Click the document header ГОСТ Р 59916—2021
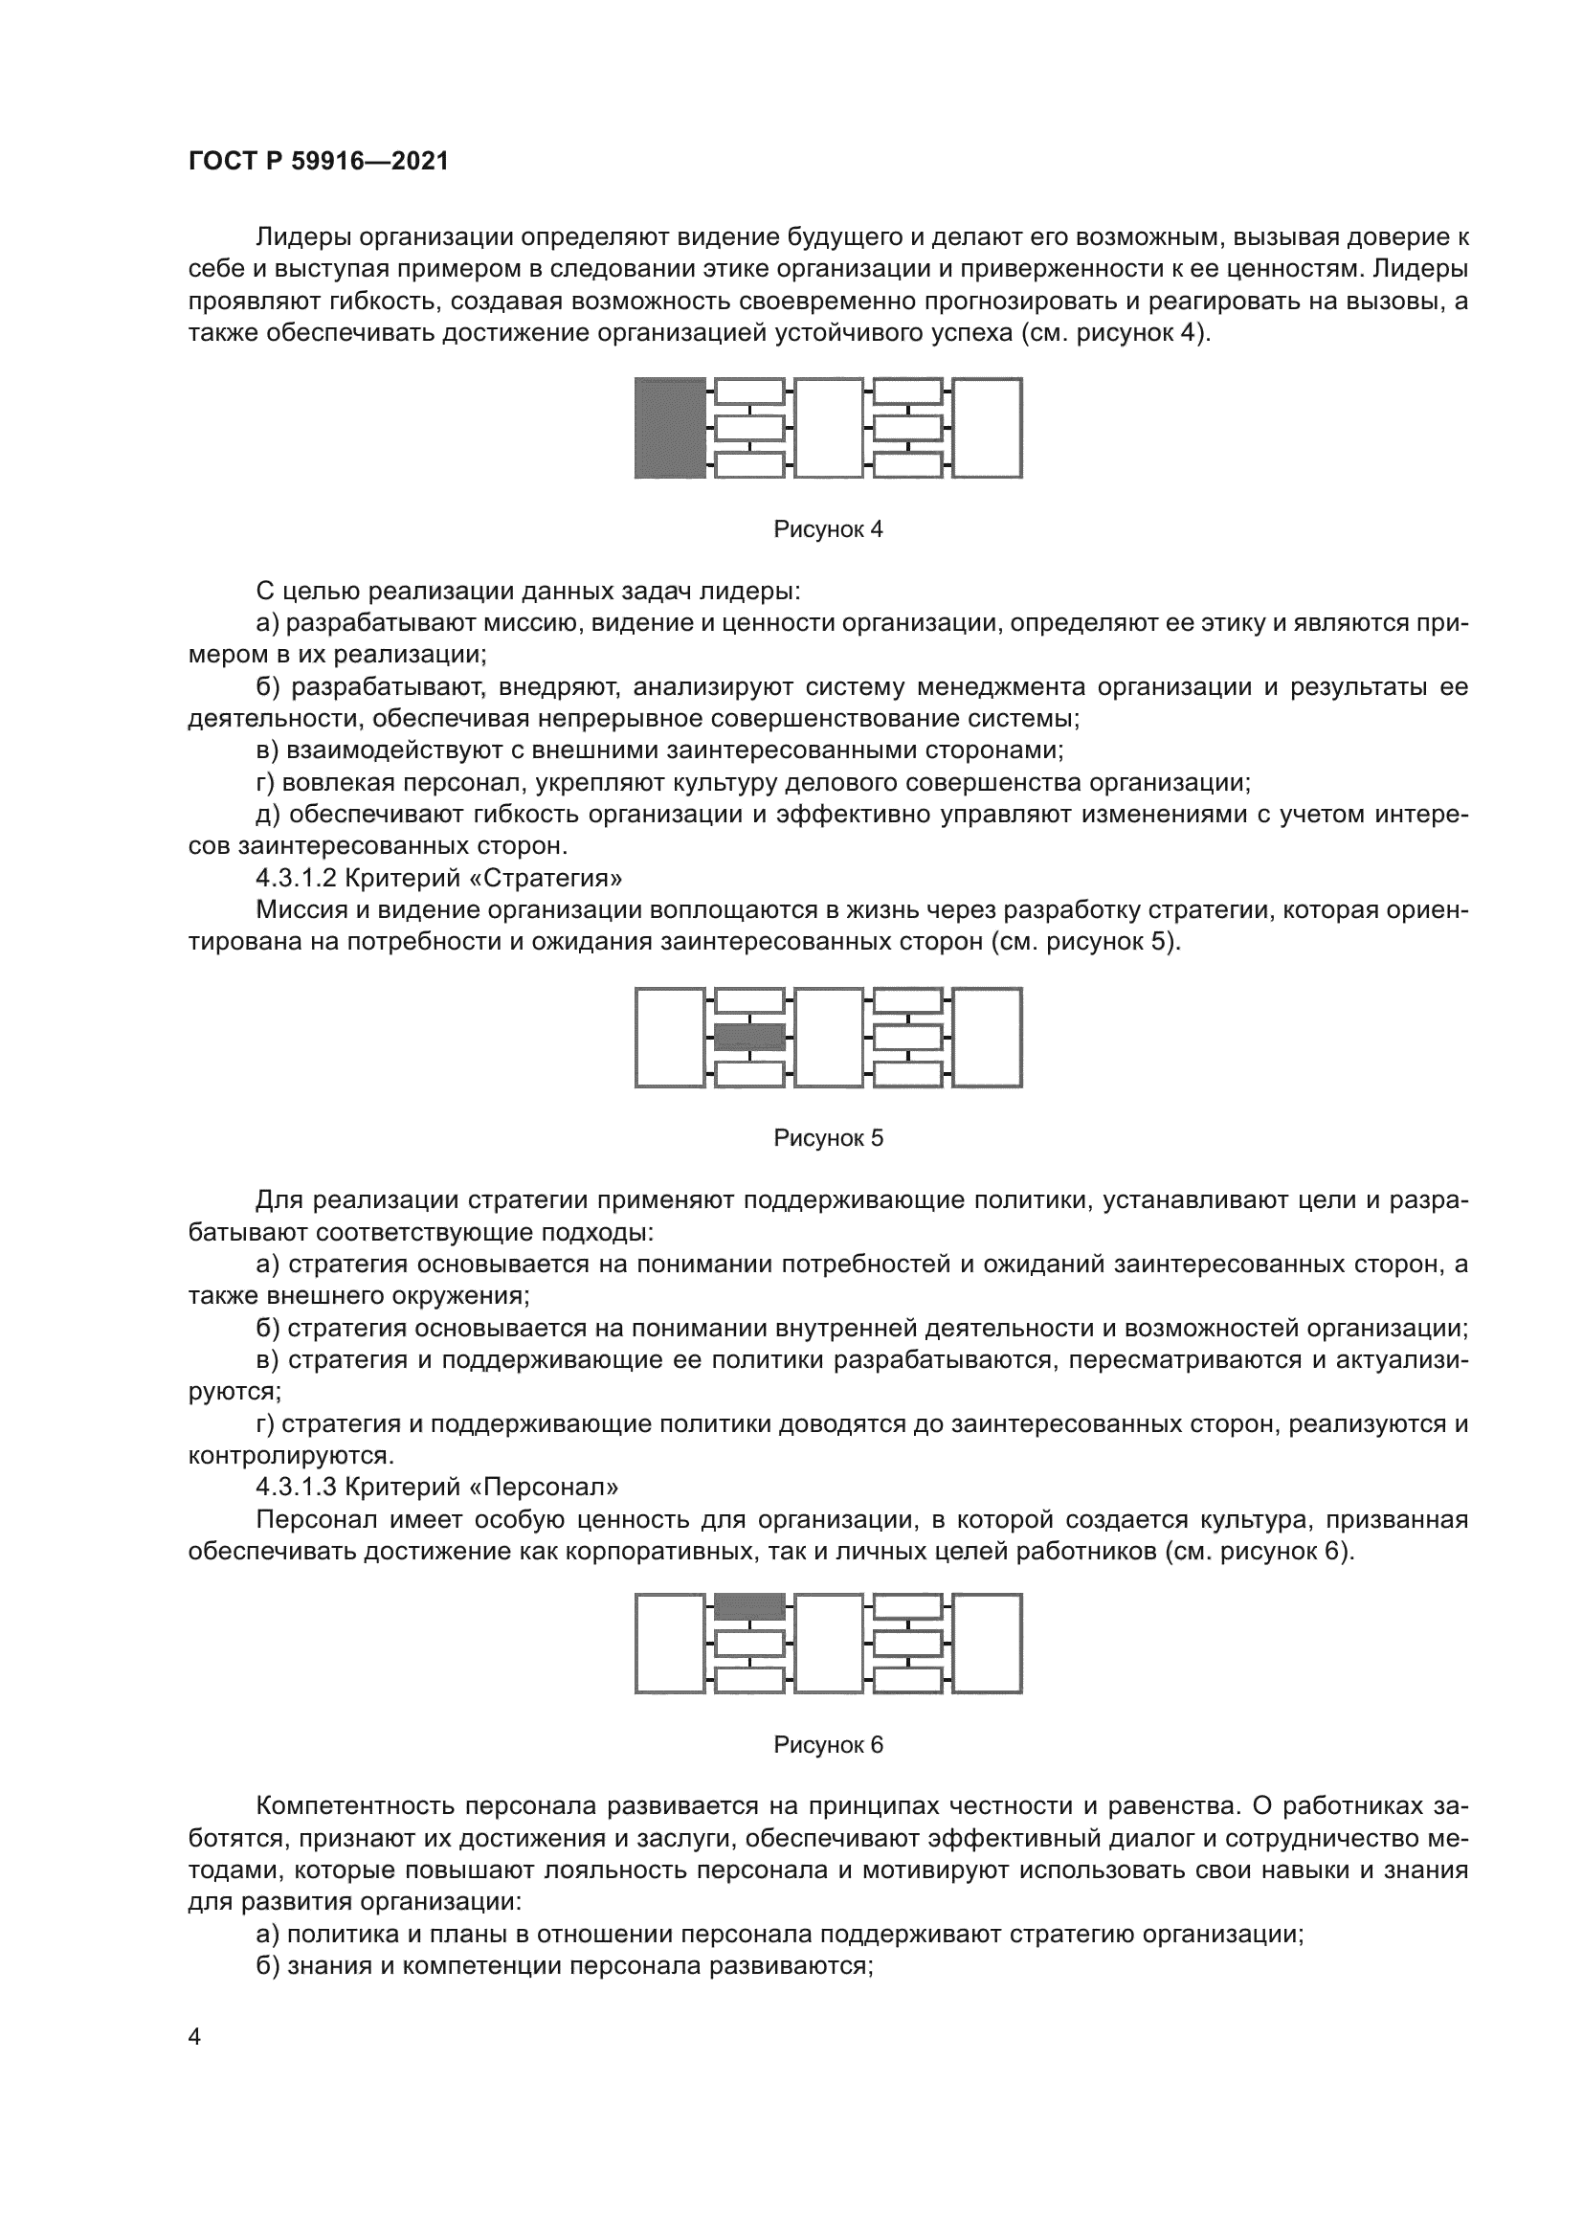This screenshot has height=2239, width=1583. coord(319,162)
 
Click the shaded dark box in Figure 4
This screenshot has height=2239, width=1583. coord(670,428)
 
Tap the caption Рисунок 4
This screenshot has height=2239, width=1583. coord(828,529)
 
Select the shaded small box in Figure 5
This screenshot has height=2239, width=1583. coord(748,1037)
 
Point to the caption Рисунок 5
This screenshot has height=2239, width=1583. coord(828,1138)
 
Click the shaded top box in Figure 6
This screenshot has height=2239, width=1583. coord(748,1606)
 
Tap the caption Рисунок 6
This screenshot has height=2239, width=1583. coord(828,1746)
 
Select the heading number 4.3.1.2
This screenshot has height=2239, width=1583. coord(297,879)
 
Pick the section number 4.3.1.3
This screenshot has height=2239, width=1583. coord(297,1488)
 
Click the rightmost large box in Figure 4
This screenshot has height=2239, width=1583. coord(987,428)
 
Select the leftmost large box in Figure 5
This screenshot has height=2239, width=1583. coord(670,1037)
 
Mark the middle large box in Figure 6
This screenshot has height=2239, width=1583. coord(828,1644)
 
